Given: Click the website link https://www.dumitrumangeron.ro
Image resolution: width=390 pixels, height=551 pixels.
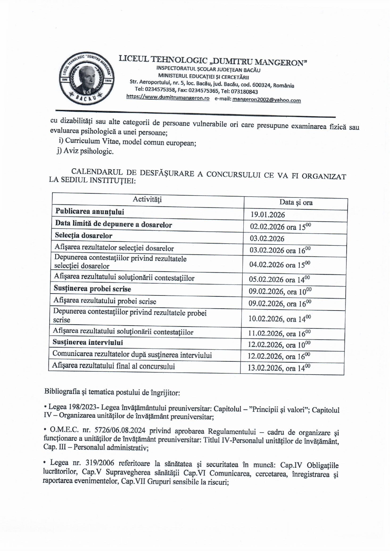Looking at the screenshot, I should pyautogui.click(x=168, y=98).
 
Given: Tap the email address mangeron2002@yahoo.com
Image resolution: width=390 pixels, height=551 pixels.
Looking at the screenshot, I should pyautogui.click(x=266, y=100).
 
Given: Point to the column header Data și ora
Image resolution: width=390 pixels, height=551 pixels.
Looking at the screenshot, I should pyautogui.click(x=296, y=203).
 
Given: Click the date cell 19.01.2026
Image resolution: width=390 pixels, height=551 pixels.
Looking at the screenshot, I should pyautogui.click(x=268, y=215).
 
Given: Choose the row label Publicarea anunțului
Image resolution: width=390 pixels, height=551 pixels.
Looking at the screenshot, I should pyautogui.click(x=90, y=212).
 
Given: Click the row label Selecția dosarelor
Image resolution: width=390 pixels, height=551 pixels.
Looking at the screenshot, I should pyautogui.click(x=84, y=235).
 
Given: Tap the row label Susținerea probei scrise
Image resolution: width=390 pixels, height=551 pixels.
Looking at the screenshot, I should pyautogui.click(x=92, y=289).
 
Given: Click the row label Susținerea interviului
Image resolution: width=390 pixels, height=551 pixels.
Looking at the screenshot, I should pyautogui.click(x=88, y=343).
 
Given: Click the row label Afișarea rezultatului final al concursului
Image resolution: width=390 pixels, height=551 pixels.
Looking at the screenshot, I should pyautogui.click(x=114, y=366).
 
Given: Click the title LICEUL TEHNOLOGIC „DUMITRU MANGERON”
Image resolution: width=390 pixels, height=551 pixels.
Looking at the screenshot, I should pyautogui.click(x=213, y=61).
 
